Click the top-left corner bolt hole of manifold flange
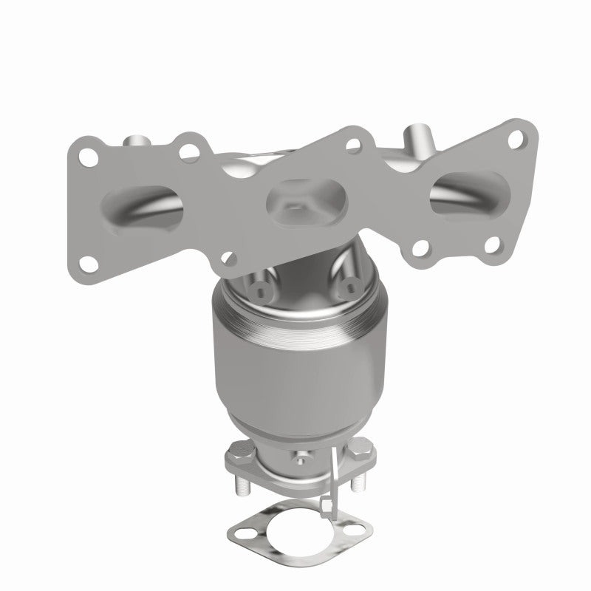(x=89, y=157)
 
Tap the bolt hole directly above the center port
(x=354, y=147)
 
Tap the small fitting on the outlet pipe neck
(x=301, y=461)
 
